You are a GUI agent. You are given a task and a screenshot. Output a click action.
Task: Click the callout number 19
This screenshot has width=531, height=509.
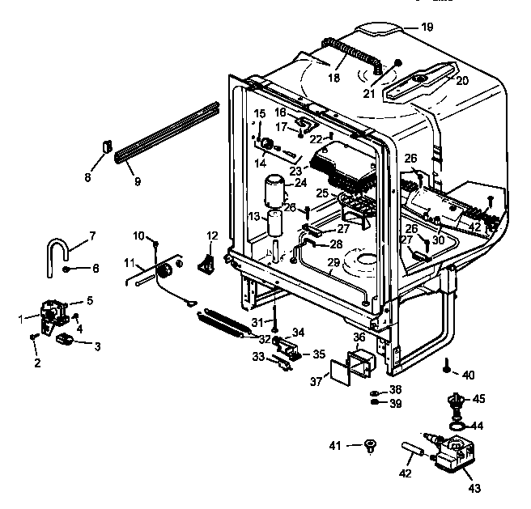click(427, 27)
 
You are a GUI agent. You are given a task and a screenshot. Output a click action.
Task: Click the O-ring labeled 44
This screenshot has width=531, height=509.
click(457, 423)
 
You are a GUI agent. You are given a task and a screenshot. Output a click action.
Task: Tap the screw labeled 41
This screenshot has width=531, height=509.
click(370, 444)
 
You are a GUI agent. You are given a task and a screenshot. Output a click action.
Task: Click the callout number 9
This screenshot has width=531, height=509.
click(137, 182)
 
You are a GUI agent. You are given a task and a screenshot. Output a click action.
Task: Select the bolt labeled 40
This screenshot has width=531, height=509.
click(446, 369)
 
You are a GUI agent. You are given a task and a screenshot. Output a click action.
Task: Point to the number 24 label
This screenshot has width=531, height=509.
click(300, 184)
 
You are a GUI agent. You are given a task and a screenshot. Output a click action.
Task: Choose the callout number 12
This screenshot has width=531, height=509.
click(213, 235)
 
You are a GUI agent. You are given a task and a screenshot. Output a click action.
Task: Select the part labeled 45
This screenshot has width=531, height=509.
click(458, 400)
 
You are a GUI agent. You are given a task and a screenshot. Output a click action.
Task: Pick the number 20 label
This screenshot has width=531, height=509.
click(462, 80)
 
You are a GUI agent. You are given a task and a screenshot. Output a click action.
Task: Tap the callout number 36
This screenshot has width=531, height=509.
click(359, 337)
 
